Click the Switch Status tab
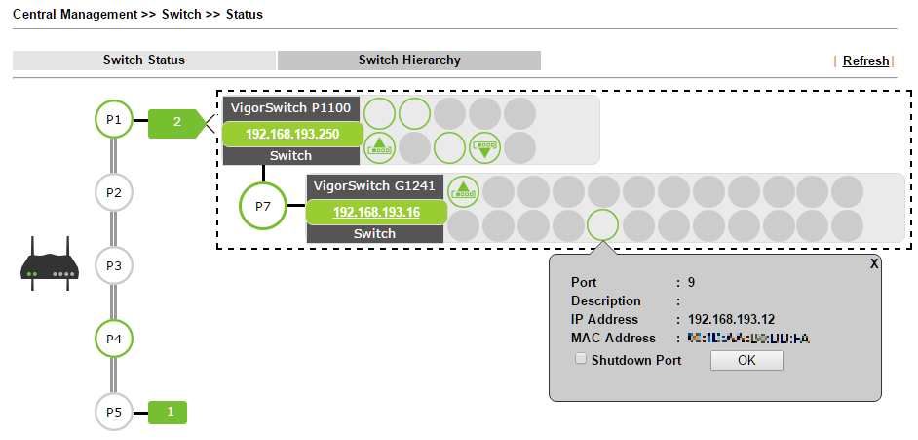(x=144, y=60)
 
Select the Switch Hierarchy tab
(x=409, y=60)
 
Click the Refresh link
(x=865, y=60)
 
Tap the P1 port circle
(x=114, y=120)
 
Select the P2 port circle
(x=114, y=192)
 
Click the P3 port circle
(x=114, y=265)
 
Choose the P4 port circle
(x=114, y=339)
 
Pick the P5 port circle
(x=114, y=412)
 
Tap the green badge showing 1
(x=170, y=412)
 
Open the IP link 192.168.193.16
(x=376, y=213)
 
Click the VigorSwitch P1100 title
(x=292, y=107)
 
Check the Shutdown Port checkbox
(x=581, y=359)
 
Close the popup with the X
(x=874, y=263)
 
